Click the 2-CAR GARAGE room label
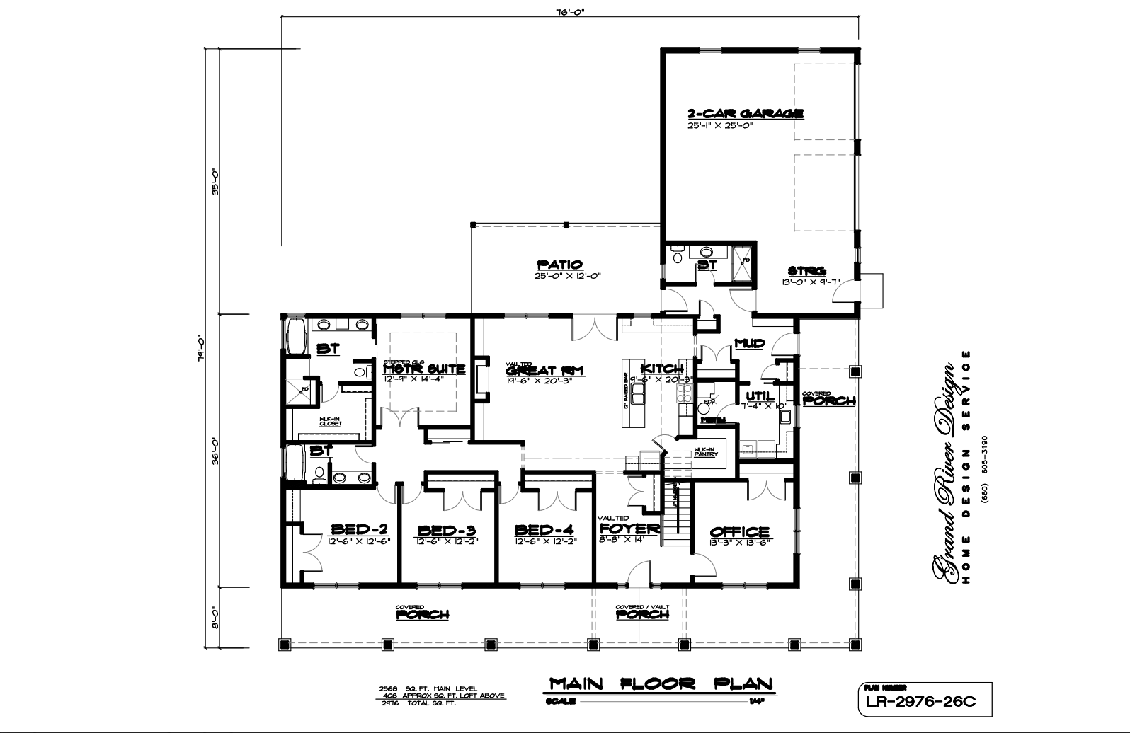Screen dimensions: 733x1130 (745, 114)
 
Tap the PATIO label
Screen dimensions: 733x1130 (559, 265)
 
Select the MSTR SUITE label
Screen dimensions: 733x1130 (424, 369)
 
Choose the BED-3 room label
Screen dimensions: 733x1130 (446, 531)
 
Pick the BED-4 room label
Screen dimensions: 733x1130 (544, 531)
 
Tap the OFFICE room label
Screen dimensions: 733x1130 (739, 532)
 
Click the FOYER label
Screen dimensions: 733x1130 (629, 529)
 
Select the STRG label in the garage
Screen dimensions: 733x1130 (807, 271)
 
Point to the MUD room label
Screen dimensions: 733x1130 (749, 344)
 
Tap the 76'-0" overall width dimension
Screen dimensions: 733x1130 (570, 11)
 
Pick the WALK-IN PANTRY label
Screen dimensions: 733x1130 (705, 451)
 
